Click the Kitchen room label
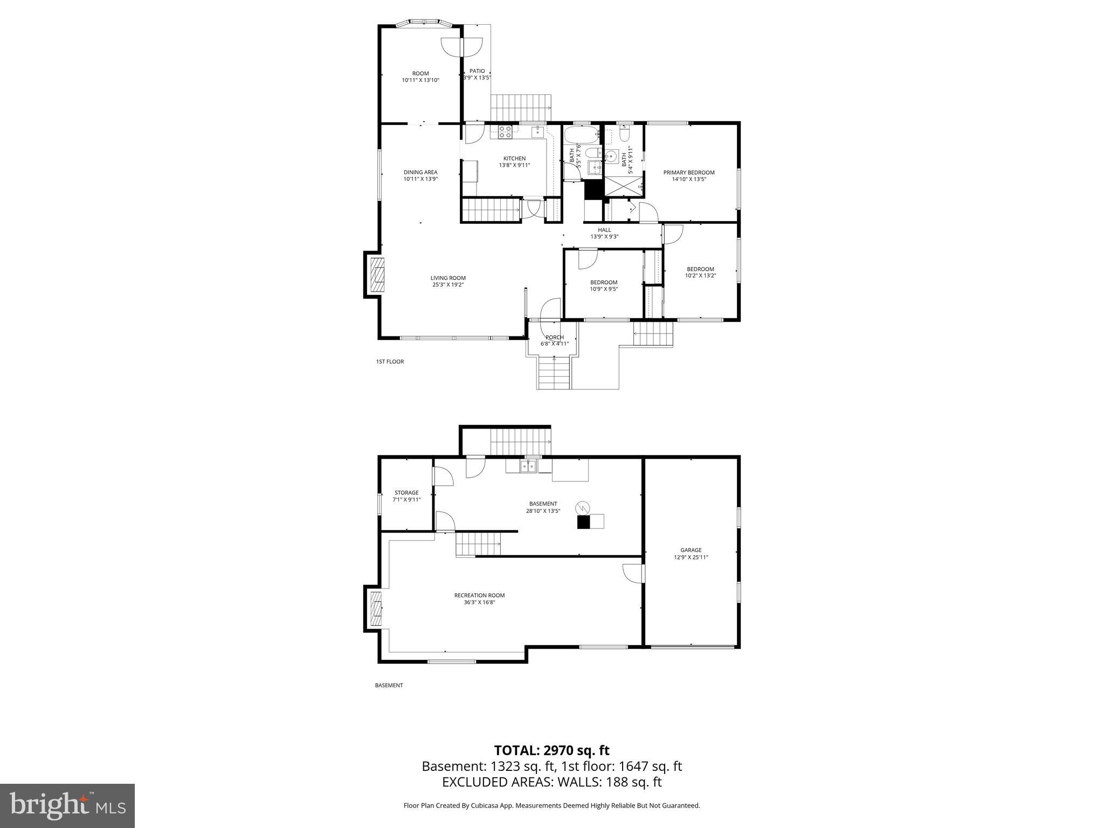(514, 158)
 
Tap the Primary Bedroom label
(688, 172)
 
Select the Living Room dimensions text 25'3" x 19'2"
(447, 285)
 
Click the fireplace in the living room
(377, 275)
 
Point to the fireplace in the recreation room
(376, 608)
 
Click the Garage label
(691, 550)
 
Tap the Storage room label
(406, 493)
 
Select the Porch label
(554, 337)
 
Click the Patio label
(477, 71)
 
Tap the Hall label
(604, 230)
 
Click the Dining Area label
(420, 172)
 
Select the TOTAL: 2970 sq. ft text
(551, 750)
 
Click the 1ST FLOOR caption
(390, 362)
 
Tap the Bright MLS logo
(67, 806)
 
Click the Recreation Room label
(479, 595)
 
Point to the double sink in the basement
(528, 466)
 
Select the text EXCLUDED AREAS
(495, 782)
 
